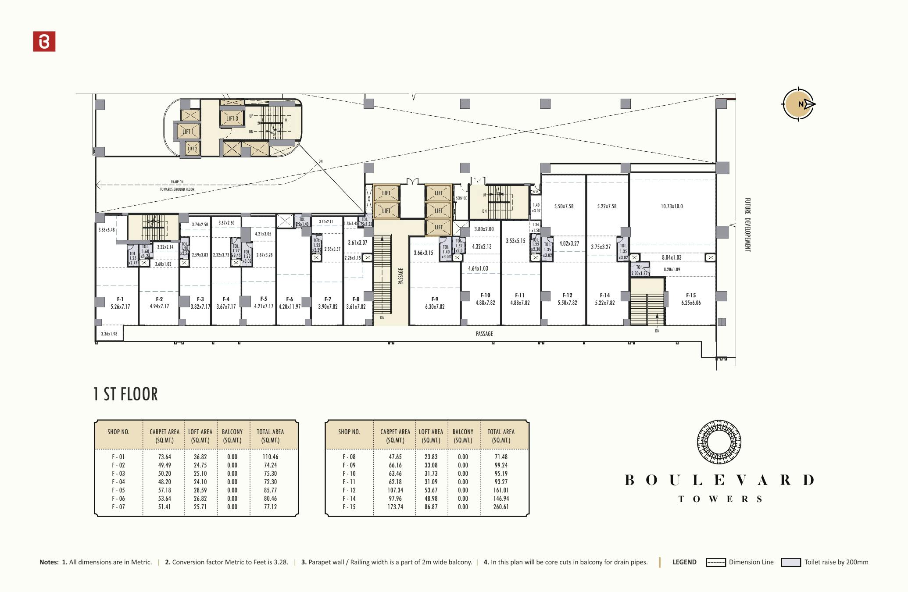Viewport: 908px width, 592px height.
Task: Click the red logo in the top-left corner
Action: (x=44, y=41)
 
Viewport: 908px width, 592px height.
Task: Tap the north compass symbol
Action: (x=799, y=104)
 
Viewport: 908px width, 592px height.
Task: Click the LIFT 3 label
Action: (x=232, y=118)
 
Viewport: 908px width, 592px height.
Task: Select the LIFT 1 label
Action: (x=188, y=132)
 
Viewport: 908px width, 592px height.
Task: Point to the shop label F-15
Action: (x=691, y=296)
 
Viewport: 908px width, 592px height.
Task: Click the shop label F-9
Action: (x=434, y=299)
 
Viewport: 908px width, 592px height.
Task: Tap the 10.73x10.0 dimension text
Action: (x=672, y=206)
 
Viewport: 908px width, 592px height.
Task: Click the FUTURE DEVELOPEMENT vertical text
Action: (x=747, y=225)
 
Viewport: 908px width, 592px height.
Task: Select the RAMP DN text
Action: (x=177, y=182)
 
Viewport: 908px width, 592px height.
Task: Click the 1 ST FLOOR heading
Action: (x=125, y=394)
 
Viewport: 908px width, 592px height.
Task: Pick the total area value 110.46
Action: (x=270, y=456)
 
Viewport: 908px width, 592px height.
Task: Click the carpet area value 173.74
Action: (x=395, y=506)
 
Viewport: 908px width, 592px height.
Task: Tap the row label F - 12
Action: (x=349, y=490)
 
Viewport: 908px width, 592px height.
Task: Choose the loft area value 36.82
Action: (x=200, y=456)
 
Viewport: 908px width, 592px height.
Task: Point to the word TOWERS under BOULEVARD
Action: (x=720, y=499)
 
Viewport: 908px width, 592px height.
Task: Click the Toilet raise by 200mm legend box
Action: (x=790, y=562)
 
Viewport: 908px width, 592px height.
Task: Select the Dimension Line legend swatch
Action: (x=715, y=562)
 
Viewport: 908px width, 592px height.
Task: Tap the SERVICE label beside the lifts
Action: (x=461, y=198)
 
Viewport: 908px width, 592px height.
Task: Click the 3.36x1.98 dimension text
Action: (x=109, y=334)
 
